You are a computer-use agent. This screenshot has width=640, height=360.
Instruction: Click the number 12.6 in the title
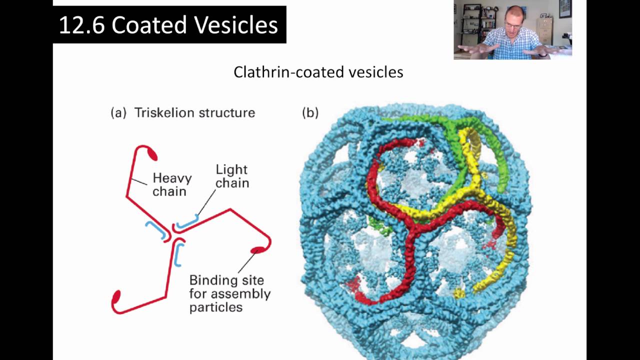click(x=81, y=25)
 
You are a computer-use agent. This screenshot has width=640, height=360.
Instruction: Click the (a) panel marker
click(x=118, y=113)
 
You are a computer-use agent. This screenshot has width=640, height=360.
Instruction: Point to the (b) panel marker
click(x=310, y=113)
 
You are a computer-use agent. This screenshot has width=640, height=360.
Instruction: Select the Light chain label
click(x=232, y=176)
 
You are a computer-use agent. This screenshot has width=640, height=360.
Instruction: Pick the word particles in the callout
click(x=216, y=306)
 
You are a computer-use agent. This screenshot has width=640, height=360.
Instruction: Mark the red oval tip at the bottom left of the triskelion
click(x=116, y=298)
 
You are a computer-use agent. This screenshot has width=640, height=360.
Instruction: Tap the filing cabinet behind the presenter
click(x=545, y=30)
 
